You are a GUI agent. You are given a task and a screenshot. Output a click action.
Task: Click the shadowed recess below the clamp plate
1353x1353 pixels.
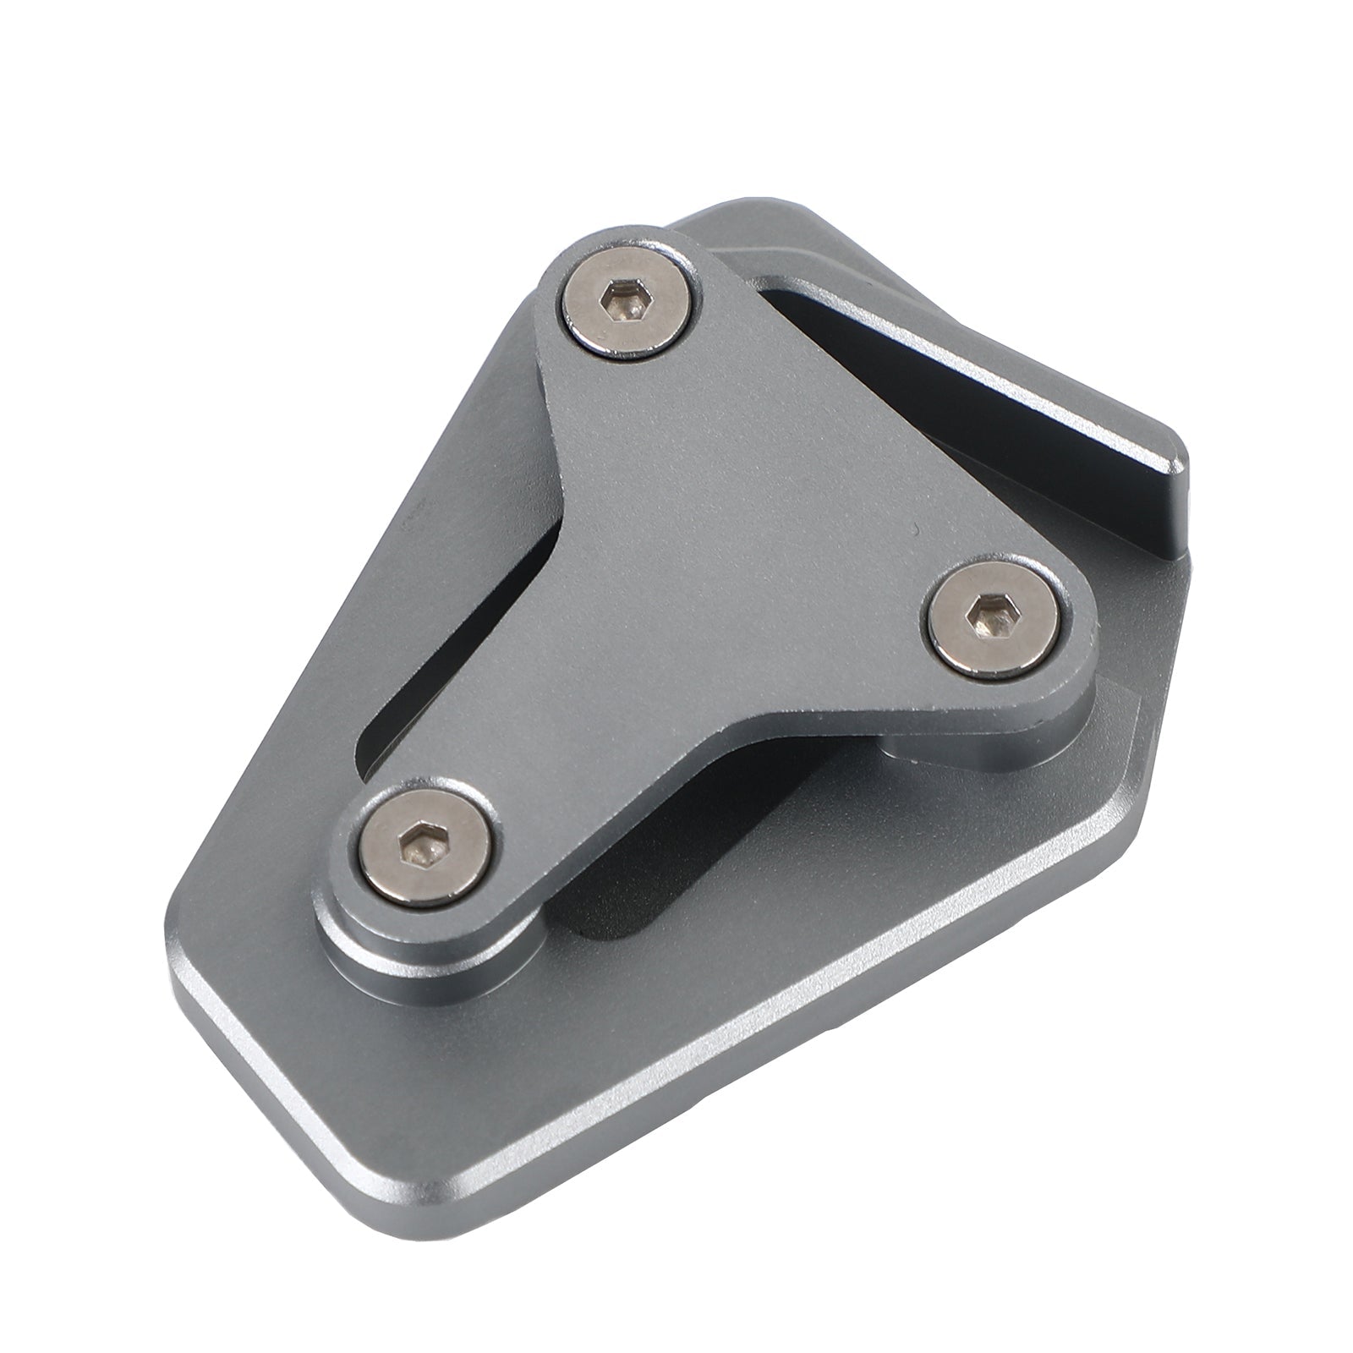pyautogui.click(x=643, y=871)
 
